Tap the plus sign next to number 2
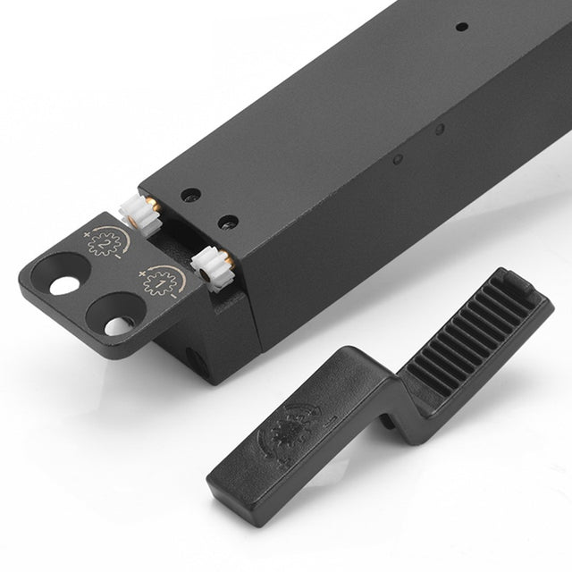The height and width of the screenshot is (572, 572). tap(88, 233)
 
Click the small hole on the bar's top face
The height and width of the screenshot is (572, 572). tap(460, 27)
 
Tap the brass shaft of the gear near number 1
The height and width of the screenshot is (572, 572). tap(230, 260)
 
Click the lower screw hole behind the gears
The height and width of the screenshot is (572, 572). tap(229, 222)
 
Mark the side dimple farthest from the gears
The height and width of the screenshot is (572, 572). tap(440, 130)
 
